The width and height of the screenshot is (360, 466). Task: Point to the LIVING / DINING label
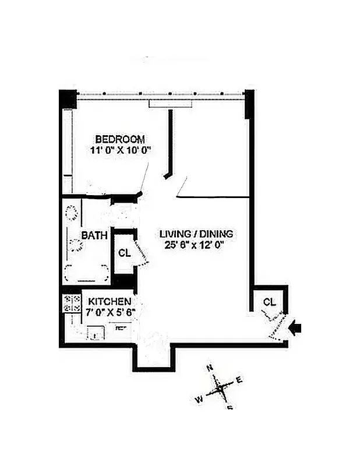click(x=196, y=234)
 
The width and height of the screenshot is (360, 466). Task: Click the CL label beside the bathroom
click(x=124, y=253)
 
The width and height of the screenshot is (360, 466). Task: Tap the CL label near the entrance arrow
click(x=269, y=302)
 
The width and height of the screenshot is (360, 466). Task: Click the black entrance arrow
click(x=296, y=330)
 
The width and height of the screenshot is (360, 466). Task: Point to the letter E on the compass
click(x=238, y=380)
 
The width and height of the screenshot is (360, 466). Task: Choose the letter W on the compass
click(x=198, y=399)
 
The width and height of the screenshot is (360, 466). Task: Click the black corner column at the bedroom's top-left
click(x=68, y=98)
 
